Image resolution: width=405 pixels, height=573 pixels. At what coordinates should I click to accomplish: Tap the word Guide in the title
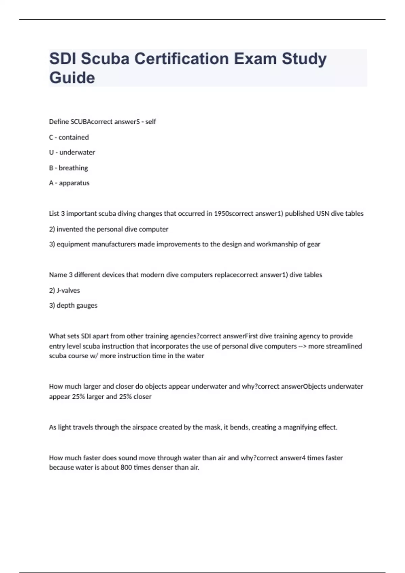tap(72, 78)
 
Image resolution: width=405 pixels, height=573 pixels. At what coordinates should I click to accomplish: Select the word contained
tap(74, 137)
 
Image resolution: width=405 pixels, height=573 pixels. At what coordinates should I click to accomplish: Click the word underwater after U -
tap(77, 152)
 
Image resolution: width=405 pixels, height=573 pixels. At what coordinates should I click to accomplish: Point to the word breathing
tap(73, 168)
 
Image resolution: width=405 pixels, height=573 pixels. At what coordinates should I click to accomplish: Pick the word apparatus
tap(74, 183)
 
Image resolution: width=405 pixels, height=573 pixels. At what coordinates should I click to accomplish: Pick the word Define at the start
tap(59, 122)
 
